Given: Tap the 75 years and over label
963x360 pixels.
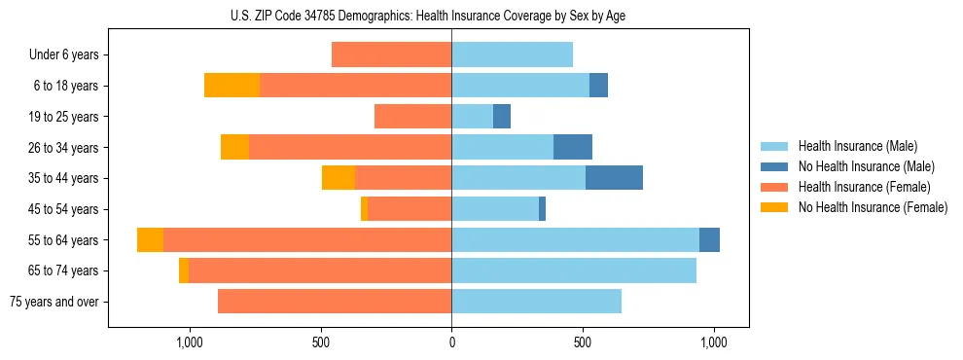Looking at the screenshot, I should click(53, 302).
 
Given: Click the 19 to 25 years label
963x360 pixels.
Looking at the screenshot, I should click(64, 117).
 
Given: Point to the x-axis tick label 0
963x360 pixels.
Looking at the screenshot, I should click(451, 342).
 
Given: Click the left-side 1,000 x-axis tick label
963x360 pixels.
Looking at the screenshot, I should click(189, 342).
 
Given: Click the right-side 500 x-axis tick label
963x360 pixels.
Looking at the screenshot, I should click(583, 342).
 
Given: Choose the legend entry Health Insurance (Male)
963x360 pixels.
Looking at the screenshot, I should click(857, 146).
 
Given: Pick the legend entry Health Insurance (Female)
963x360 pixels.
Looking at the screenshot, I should click(865, 187).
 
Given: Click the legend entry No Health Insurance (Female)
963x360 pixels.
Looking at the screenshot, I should click(873, 207).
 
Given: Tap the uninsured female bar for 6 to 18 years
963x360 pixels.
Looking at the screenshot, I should click(232, 86).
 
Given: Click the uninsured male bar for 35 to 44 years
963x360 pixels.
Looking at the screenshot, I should click(614, 178).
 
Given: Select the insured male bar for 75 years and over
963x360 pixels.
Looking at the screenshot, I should click(536, 302).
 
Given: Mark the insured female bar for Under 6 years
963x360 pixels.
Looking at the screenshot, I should click(391, 55).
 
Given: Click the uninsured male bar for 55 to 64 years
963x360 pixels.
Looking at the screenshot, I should click(709, 240).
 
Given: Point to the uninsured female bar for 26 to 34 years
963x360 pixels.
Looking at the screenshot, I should click(234, 147).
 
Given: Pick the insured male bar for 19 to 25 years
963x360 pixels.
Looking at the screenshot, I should click(472, 117).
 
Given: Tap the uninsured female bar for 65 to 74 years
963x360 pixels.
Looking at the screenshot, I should click(184, 270).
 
